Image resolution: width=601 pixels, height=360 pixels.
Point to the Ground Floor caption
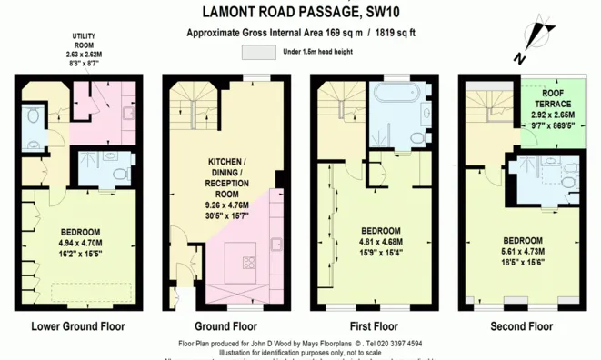tap(225, 325)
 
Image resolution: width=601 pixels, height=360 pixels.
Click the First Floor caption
tap(373, 325)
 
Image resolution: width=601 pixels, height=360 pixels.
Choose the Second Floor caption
tap(521, 325)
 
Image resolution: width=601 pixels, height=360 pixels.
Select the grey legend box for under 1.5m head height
tap(258, 53)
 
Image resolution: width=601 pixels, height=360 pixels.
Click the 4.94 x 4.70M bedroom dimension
tap(81, 243)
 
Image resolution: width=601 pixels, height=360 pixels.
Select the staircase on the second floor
tap(492, 105)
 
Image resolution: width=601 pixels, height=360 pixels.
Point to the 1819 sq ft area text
tap(385, 33)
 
